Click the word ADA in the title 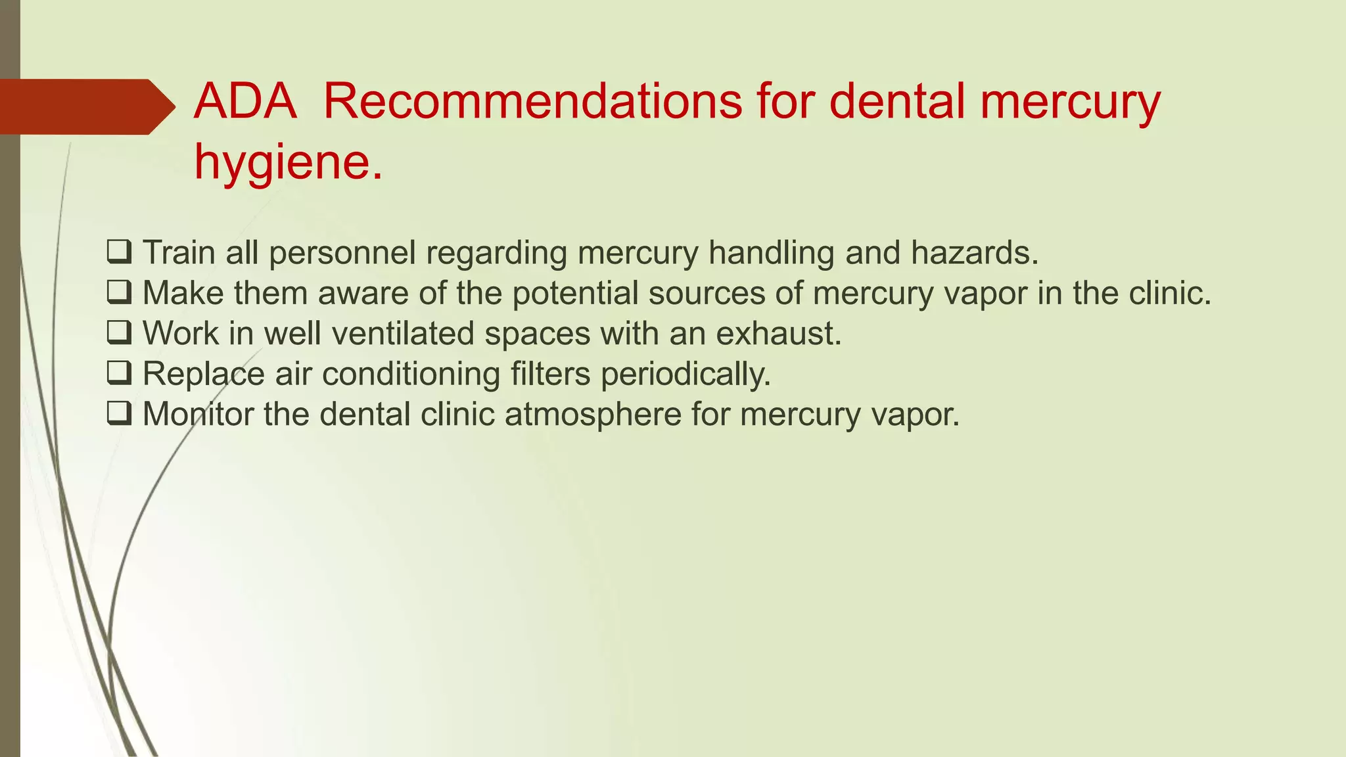click(245, 102)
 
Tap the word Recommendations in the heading click(533, 102)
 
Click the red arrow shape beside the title click(85, 106)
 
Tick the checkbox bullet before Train click(119, 252)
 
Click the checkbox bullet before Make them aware click(119, 293)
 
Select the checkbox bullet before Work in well click(119, 334)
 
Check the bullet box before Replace click(119, 374)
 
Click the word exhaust click(778, 334)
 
